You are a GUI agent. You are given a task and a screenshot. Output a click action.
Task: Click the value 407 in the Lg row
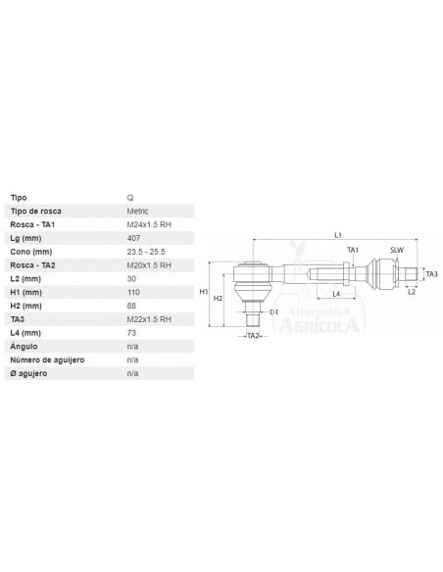(134, 238)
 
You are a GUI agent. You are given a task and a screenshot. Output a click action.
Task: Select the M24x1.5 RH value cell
(149, 224)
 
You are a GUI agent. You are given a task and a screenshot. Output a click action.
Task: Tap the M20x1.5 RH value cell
(149, 264)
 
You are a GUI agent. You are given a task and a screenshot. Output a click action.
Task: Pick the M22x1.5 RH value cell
(149, 318)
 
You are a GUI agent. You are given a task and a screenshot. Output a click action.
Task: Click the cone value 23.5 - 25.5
(146, 252)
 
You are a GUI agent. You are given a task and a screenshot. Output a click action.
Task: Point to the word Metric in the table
(138, 211)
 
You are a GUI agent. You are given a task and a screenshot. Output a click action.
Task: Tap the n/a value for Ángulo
(133, 346)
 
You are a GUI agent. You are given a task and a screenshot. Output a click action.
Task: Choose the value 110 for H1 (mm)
(134, 292)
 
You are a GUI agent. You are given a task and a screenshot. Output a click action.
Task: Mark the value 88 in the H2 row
(132, 306)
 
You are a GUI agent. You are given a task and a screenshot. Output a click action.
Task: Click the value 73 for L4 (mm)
(132, 332)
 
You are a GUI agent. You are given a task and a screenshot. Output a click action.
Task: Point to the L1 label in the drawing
(337, 235)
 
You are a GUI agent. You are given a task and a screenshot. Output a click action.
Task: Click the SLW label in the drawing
(396, 251)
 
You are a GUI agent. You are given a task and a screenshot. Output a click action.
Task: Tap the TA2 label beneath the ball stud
(252, 336)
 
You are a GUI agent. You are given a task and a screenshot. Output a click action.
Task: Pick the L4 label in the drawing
(334, 293)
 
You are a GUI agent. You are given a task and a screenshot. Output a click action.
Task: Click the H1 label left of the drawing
(203, 292)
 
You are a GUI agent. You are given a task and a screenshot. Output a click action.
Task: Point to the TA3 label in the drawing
(431, 273)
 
